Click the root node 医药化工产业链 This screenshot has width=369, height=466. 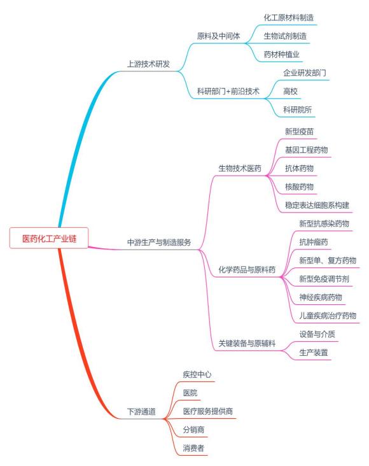click(49, 238)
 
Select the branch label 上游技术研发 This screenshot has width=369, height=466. click(148, 64)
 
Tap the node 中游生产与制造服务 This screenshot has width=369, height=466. click(159, 243)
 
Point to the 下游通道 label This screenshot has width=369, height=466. click(141, 412)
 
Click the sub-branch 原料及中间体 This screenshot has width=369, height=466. click(218, 36)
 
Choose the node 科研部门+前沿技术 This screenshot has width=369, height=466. click(228, 91)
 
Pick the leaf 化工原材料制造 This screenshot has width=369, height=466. click(288, 18)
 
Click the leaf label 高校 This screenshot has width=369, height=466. click(290, 91)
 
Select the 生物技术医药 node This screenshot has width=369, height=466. click(240, 169)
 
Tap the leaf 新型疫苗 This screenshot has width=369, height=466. click(299, 132)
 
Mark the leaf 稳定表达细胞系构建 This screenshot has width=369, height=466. click(317, 205)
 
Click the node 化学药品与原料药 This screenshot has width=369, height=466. click(247, 270)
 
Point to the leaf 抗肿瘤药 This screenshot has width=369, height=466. click(314, 242)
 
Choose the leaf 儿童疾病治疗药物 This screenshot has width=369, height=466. click(328, 316)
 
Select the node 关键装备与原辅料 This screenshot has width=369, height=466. click(247, 344)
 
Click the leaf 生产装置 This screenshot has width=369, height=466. click(314, 353)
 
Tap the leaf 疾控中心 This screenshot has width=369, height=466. click(197, 374)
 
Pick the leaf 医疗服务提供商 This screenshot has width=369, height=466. click(207, 411)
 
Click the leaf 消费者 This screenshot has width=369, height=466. click(193, 448)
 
